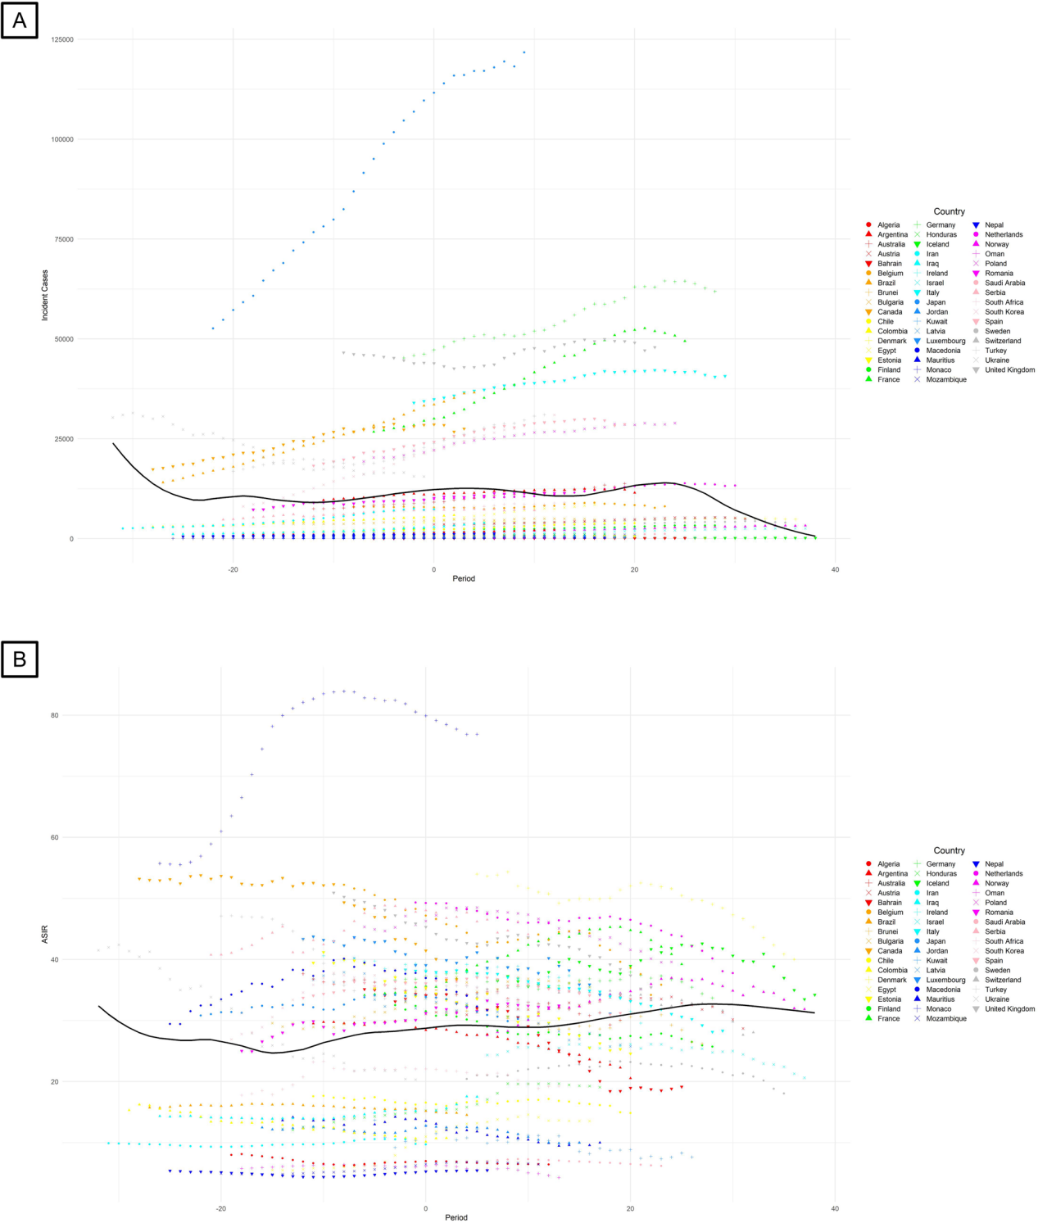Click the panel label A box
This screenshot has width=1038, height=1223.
tap(20, 20)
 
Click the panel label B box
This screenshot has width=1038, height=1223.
tap(20, 659)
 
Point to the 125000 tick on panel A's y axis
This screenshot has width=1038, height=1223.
tap(62, 39)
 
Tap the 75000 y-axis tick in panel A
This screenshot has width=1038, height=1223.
tap(62, 239)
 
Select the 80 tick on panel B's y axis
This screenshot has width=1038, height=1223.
tap(55, 715)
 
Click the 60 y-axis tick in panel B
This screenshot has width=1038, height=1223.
tap(55, 837)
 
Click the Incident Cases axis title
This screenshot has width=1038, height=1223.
tap(45, 295)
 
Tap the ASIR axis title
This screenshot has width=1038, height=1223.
tap(45, 934)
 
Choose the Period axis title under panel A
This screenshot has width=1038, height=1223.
tap(464, 578)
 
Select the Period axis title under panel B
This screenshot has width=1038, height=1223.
tap(456, 1217)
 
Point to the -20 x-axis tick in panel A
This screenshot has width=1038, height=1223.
tap(233, 569)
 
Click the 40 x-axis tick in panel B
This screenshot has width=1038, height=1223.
tap(835, 1208)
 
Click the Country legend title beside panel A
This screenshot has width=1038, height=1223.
tap(949, 211)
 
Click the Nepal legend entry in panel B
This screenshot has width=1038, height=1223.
tap(994, 864)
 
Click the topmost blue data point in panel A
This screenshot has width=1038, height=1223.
tap(524, 52)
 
